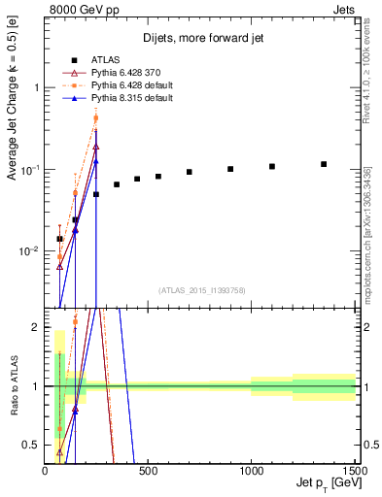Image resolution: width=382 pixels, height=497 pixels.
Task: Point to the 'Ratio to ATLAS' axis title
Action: (x=13, y=386)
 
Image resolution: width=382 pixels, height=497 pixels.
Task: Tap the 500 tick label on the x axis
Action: (x=148, y=471)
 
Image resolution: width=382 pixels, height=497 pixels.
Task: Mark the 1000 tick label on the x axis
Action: (x=251, y=471)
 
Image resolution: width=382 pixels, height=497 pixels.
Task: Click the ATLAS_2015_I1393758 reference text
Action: (x=201, y=289)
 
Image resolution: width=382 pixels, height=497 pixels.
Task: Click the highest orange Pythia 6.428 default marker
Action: (x=96, y=118)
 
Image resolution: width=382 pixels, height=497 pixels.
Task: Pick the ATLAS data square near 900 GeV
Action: (x=230, y=169)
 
